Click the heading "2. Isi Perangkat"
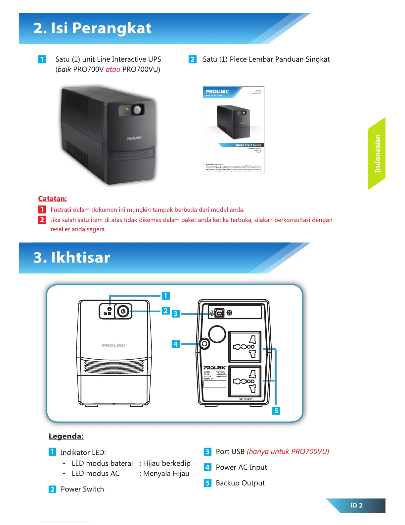[x=92, y=29]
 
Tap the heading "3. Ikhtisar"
[x=72, y=258]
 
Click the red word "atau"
[x=113, y=70]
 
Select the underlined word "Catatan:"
[x=52, y=199]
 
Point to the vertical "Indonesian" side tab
[x=377, y=153]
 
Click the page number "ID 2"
[x=356, y=505]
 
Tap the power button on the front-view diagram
[x=123, y=311]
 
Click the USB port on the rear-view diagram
[x=219, y=313]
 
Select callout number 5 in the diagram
[x=276, y=411]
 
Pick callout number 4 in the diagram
[x=175, y=344]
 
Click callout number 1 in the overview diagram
[x=165, y=296]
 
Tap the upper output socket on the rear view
[x=245, y=347]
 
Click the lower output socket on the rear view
[x=245, y=381]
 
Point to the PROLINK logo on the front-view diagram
[x=114, y=345]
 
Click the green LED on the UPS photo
[x=127, y=109]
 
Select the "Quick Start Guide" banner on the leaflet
[x=248, y=145]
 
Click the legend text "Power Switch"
[x=82, y=489]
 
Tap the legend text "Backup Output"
[x=240, y=483]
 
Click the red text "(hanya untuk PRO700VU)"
[x=288, y=452]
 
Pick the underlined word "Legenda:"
[x=66, y=436]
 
